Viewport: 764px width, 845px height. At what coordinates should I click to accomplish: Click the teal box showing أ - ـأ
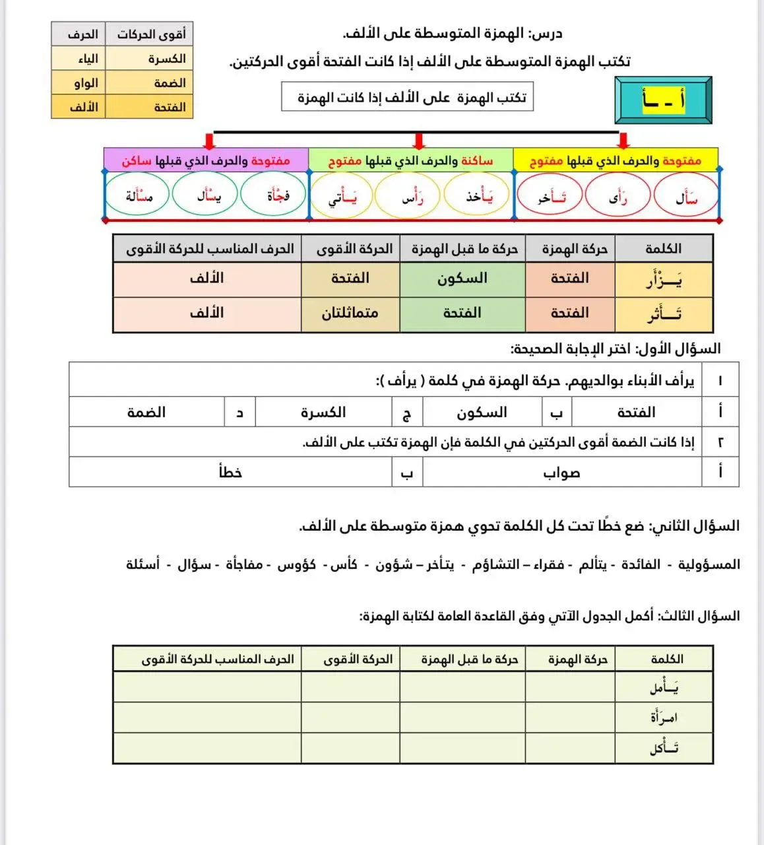(x=663, y=100)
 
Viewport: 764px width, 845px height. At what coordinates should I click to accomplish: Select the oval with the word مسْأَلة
(x=139, y=195)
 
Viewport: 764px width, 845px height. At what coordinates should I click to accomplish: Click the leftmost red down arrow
(x=209, y=141)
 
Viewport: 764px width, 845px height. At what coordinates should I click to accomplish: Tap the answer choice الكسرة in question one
(x=323, y=413)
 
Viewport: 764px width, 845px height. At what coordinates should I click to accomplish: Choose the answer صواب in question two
(x=561, y=473)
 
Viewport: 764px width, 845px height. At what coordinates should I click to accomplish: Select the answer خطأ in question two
(x=230, y=473)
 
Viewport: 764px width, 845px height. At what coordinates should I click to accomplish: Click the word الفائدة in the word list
(x=641, y=565)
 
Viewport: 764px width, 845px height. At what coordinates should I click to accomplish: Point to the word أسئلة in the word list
(x=143, y=565)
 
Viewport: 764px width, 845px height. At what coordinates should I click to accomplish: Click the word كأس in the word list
(x=343, y=565)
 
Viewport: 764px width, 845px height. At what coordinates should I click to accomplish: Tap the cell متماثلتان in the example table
(x=350, y=314)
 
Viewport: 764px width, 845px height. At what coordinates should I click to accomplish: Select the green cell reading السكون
(x=462, y=279)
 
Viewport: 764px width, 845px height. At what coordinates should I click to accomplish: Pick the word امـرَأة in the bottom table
(x=664, y=717)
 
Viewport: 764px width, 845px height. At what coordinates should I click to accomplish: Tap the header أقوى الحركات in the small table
(x=151, y=34)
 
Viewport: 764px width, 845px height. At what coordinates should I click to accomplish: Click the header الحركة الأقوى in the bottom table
(x=358, y=659)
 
